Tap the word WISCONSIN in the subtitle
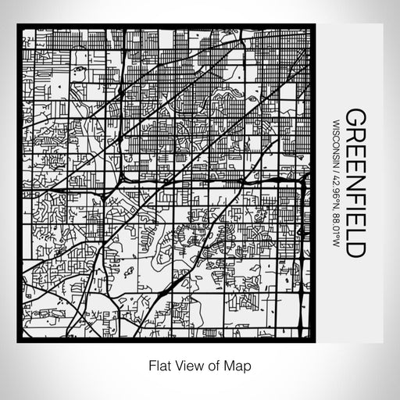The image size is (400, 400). point(336,138)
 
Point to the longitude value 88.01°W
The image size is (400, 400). point(336,227)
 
